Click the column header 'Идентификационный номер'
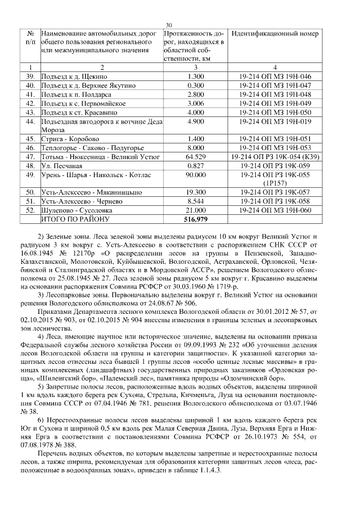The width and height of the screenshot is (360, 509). (274, 34)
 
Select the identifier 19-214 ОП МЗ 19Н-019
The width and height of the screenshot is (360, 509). (275, 121)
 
